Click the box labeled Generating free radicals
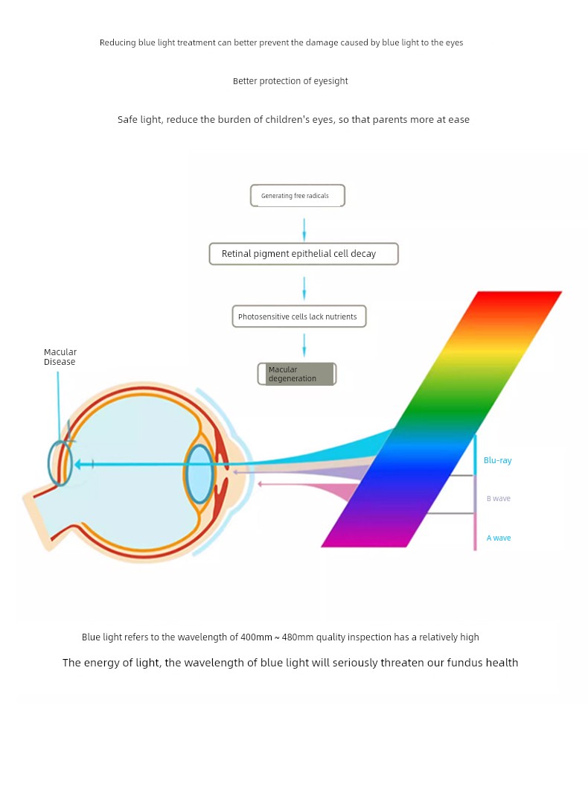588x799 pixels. coord(298,196)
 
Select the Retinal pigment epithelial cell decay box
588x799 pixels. coord(304,254)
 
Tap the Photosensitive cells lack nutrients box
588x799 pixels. coord(299,316)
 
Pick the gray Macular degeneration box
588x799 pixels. coord(297,374)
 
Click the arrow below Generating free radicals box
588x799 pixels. coord(304,230)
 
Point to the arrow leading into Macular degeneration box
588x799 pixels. coord(304,345)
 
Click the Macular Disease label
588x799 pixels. coord(60,357)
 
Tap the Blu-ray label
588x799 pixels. coord(497,460)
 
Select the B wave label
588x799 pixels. coord(499,498)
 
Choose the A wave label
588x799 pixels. coord(499,538)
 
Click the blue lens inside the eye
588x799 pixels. coord(199,474)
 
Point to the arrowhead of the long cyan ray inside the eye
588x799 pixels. coord(77,464)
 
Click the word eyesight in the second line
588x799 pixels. coord(330,81)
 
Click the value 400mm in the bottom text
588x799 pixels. coord(256,637)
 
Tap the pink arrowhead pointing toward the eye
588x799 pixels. coord(260,483)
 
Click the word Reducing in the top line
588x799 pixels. coord(118,42)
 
